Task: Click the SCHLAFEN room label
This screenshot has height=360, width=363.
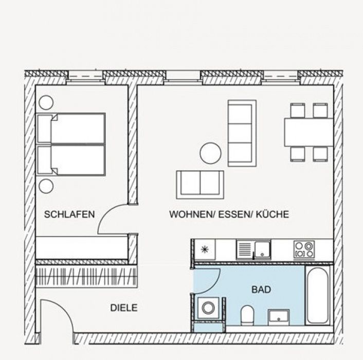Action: [x=69, y=214]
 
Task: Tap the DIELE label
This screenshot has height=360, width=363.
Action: [x=124, y=308]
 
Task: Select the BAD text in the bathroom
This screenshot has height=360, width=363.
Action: [x=261, y=290]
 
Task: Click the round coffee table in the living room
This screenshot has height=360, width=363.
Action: [x=210, y=153]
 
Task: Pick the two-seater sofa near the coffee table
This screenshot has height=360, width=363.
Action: [x=200, y=185]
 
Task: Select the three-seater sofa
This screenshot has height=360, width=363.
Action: [x=242, y=133]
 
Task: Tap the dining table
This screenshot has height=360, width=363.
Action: [x=308, y=132]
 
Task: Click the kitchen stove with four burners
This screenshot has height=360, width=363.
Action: [x=304, y=249]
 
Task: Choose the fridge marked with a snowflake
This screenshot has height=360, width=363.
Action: [x=205, y=249]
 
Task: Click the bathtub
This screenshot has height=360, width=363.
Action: [x=317, y=296]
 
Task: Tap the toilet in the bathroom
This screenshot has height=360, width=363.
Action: [x=247, y=315]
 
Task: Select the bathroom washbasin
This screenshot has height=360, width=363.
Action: [x=279, y=317]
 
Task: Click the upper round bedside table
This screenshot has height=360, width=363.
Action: [x=46, y=102]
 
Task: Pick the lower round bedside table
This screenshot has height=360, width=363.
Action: [x=46, y=186]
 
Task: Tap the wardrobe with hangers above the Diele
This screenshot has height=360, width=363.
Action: [x=86, y=277]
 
